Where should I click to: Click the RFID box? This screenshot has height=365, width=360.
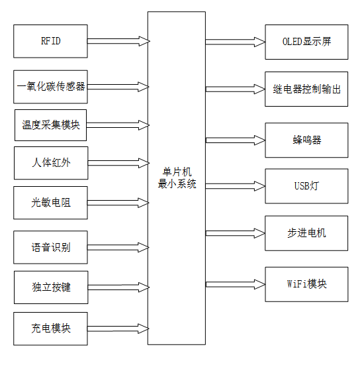pyautogui.click(x=50, y=41)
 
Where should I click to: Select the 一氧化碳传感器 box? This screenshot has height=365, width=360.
pyautogui.click(x=50, y=86)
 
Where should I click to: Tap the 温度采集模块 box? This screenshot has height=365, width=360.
pyautogui.click(x=50, y=125)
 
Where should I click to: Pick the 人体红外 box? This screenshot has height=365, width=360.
pyautogui.click(x=50, y=163)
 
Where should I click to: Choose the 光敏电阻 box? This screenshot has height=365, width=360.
pyautogui.click(x=50, y=202)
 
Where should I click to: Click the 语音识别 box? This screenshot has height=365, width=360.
pyautogui.click(x=50, y=248)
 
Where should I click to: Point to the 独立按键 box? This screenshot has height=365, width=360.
pyautogui.click(x=50, y=287)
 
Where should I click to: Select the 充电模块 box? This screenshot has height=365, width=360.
pyautogui.click(x=50, y=329)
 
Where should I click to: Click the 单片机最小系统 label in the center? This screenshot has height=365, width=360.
pyautogui.click(x=176, y=178)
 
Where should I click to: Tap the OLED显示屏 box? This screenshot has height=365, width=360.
pyautogui.click(x=306, y=41)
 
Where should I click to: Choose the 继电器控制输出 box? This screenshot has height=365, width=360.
pyautogui.click(x=306, y=88)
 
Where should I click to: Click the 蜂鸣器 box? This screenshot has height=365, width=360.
pyautogui.click(x=306, y=140)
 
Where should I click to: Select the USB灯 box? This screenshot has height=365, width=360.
pyautogui.click(x=306, y=185)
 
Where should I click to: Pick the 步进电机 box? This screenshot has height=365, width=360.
pyautogui.click(x=306, y=233)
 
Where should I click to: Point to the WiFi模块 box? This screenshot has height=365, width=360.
pyautogui.click(x=306, y=284)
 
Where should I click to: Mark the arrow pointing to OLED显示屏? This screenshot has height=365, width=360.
pyautogui.click(x=235, y=41)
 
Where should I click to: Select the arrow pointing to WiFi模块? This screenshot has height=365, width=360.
pyautogui.click(x=235, y=284)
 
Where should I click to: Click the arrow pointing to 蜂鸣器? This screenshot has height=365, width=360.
pyautogui.click(x=235, y=140)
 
